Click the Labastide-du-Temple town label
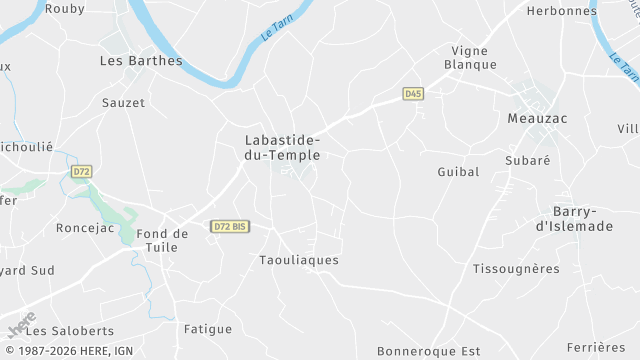click(x=283, y=148)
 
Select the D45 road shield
click(x=413, y=93)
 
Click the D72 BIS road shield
click(x=230, y=227)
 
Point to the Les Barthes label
click(x=142, y=60)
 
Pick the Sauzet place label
click(x=124, y=102)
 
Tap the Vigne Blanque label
click(x=474, y=57)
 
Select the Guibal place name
click(x=458, y=172)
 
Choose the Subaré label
click(x=528, y=159)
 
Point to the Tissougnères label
click(x=515, y=268)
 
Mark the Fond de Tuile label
click(x=163, y=241)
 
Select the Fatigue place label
click(x=208, y=329)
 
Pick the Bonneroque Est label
click(x=429, y=351)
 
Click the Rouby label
click(x=65, y=8)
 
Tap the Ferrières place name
click(x=595, y=347)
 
